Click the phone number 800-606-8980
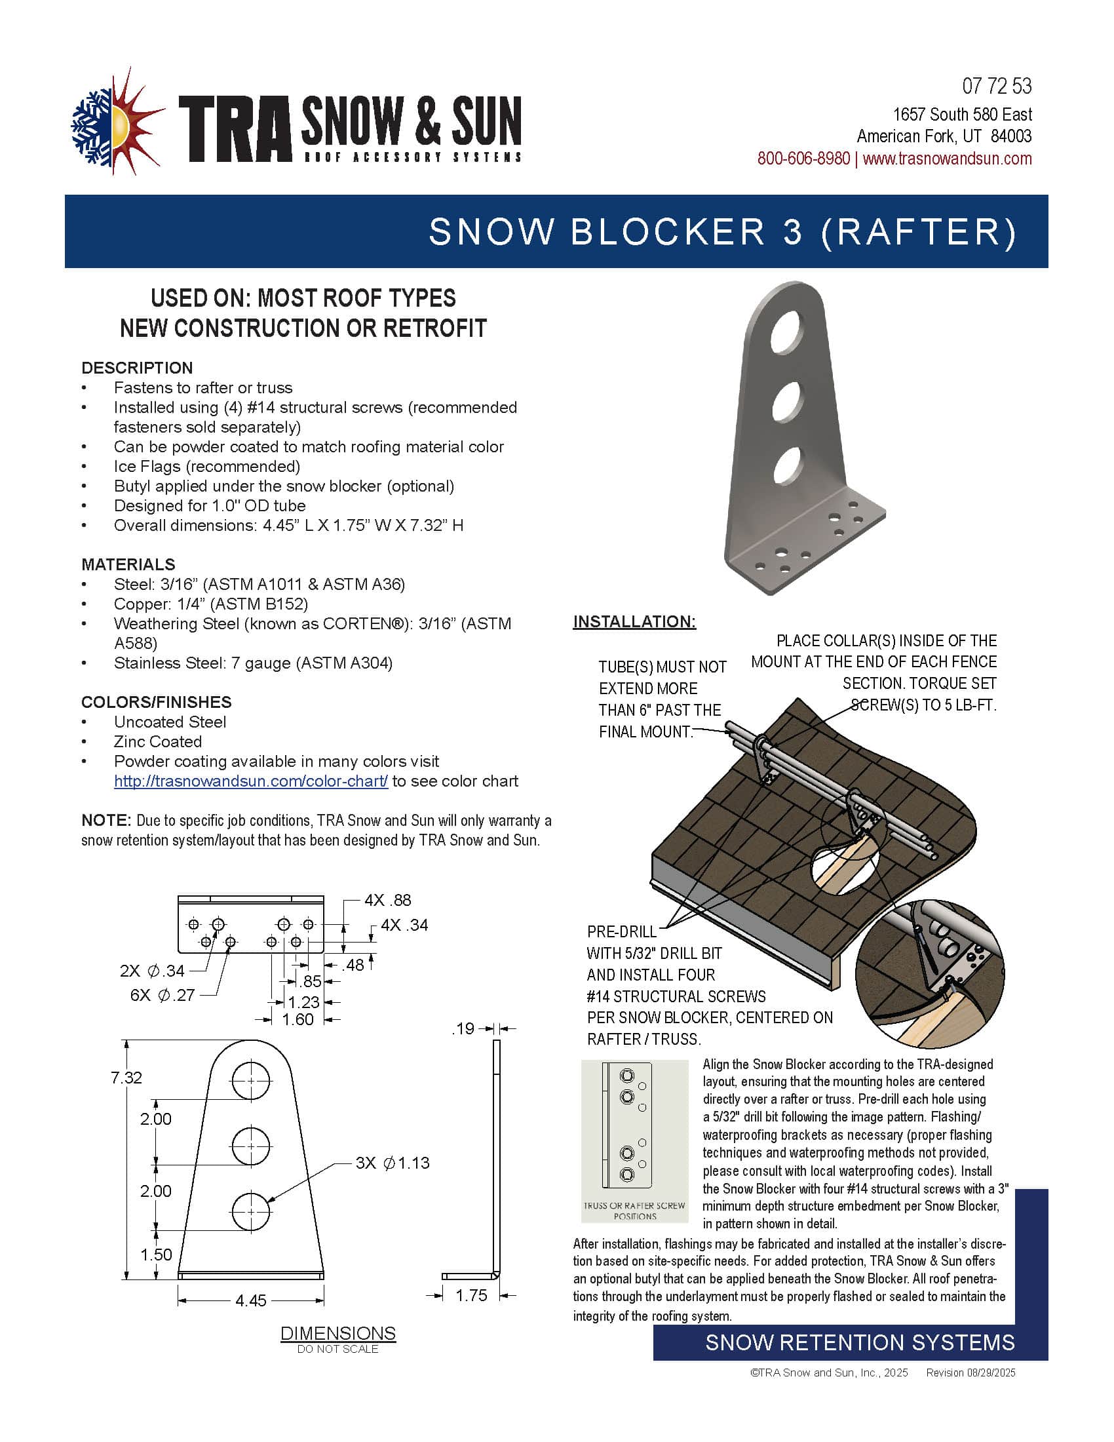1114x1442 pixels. (x=803, y=159)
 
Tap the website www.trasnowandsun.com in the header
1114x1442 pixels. (x=947, y=159)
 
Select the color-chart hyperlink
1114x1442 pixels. (x=251, y=781)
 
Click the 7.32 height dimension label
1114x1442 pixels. (x=126, y=1078)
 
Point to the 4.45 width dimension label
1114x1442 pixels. (x=251, y=1300)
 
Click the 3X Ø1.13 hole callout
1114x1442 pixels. (x=393, y=1163)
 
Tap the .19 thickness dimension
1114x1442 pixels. (x=463, y=1028)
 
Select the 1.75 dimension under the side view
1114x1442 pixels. (x=471, y=1295)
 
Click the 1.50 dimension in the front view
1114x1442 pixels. (x=156, y=1255)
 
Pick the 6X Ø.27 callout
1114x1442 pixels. (x=163, y=994)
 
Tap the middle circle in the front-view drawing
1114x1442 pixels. (x=251, y=1146)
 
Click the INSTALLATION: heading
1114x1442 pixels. (x=634, y=621)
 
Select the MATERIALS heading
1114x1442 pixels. (x=128, y=564)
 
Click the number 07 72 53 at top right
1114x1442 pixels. (x=997, y=87)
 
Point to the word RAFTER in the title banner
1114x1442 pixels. (x=919, y=232)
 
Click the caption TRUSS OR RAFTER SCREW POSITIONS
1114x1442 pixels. (x=634, y=1210)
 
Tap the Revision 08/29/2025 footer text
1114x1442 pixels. (x=970, y=1373)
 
